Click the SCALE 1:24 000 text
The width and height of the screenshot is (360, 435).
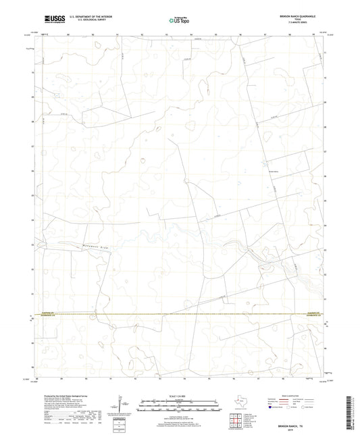pos(179,395)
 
